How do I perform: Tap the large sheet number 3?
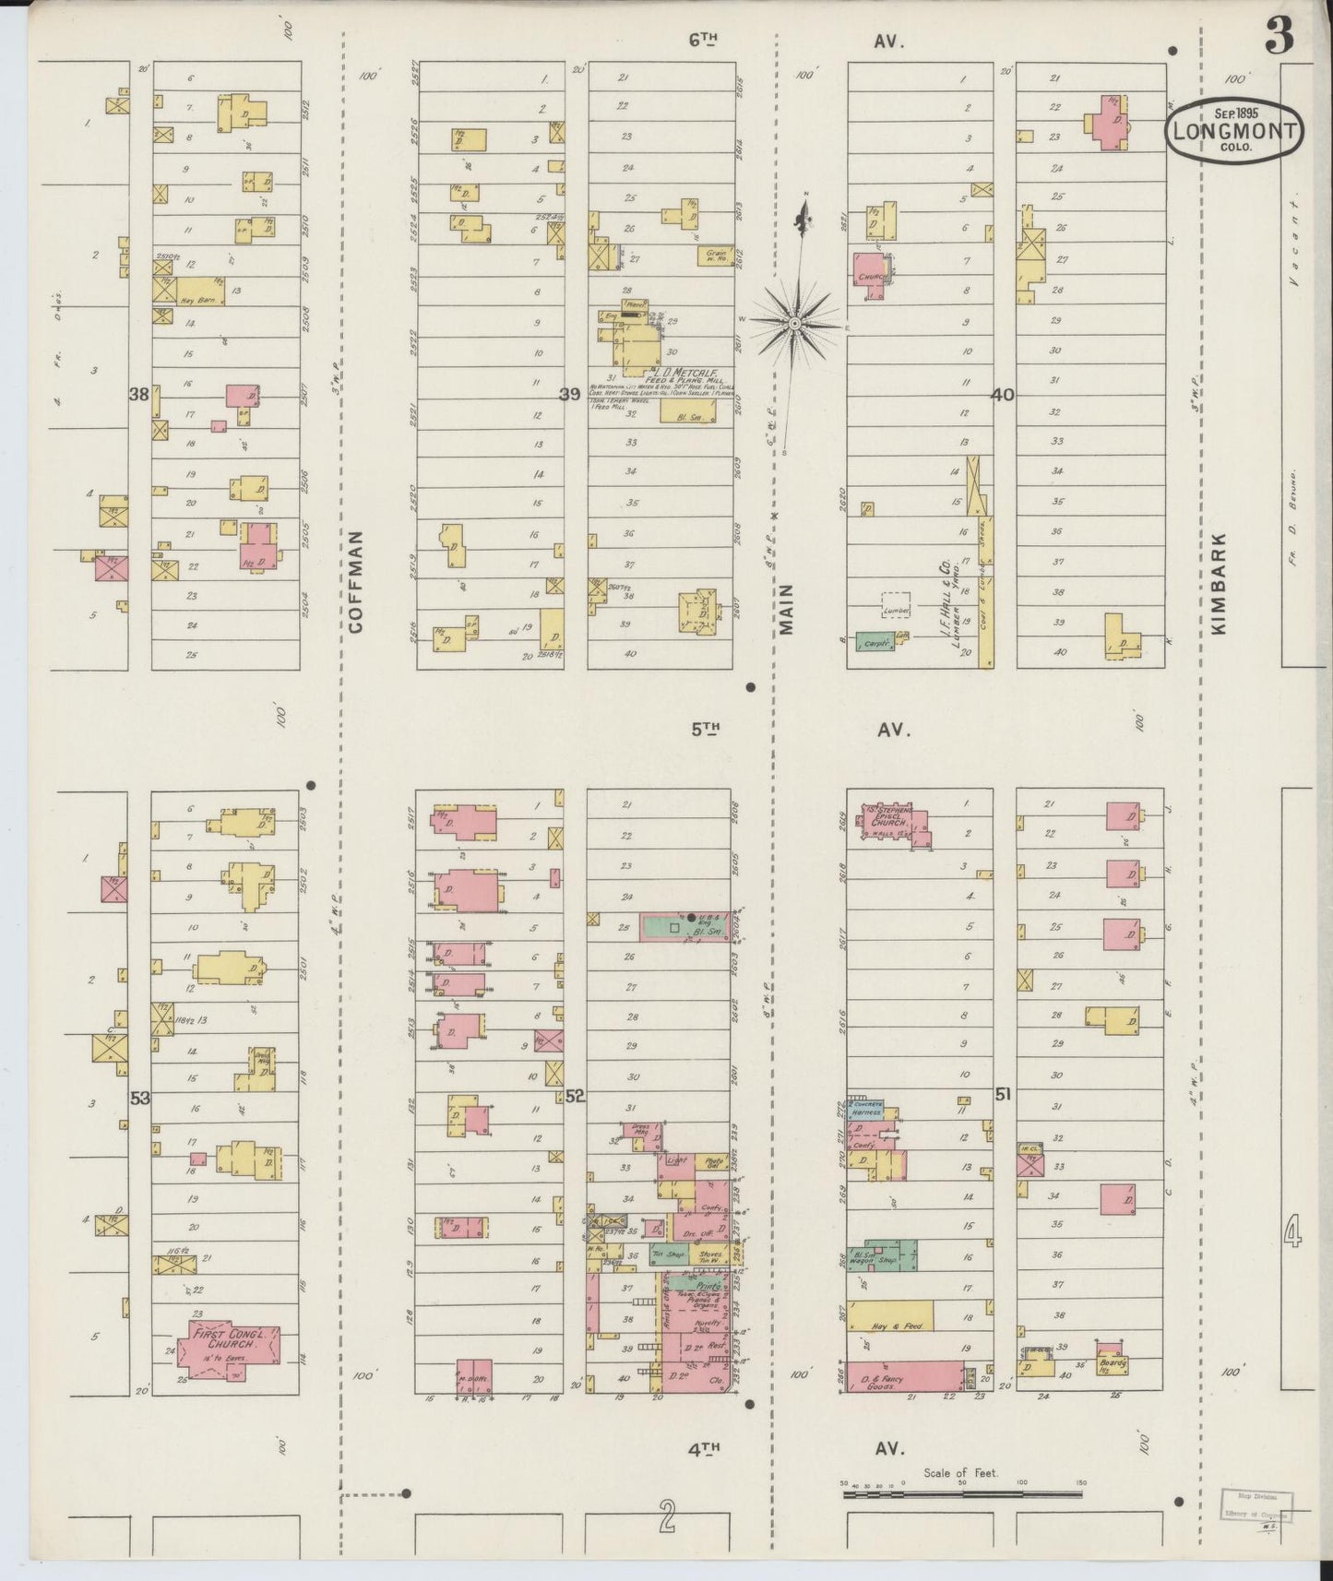1279,37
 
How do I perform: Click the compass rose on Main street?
794,323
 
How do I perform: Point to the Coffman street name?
356,580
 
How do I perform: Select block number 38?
139,395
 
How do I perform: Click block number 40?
1003,395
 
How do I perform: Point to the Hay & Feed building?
890,1315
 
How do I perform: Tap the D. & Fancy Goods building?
905,1376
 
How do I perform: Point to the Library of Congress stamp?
1257,1503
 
